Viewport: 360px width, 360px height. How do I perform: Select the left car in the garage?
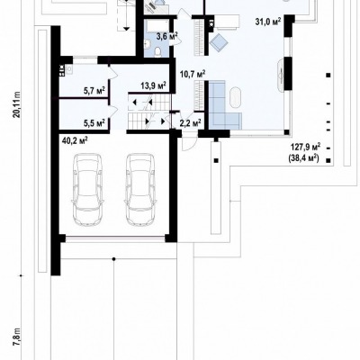coord(87,190)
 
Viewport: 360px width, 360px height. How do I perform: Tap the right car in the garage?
coord(140,190)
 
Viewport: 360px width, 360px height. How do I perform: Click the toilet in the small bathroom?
coord(157,52)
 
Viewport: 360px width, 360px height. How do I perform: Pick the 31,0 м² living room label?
coord(268,22)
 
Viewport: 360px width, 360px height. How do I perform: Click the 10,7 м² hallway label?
coord(193,74)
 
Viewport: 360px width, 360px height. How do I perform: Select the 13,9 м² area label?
coord(154,85)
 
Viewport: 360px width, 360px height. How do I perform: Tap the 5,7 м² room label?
coord(94,90)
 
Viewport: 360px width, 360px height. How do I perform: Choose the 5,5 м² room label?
coord(94,122)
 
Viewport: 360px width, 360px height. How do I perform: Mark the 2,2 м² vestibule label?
coord(190,122)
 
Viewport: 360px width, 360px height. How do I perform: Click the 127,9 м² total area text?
coord(306,148)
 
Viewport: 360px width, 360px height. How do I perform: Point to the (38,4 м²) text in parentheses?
coord(303,158)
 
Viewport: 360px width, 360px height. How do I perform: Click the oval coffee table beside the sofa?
coord(235,97)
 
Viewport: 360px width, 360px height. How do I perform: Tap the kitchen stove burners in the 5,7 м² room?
coord(62,70)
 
